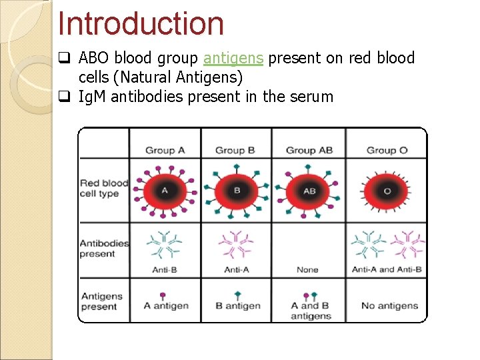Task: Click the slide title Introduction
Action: [141, 23]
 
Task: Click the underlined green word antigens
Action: [233, 59]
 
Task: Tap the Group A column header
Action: [165, 150]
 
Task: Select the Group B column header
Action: [235, 150]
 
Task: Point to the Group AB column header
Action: [309, 150]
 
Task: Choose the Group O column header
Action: [387, 150]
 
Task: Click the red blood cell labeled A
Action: [165, 190]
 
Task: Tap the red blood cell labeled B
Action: [237, 190]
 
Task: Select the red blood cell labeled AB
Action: [309, 190]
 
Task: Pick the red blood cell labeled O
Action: [387, 190]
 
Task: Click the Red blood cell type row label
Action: [104, 188]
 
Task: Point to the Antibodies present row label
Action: [104, 248]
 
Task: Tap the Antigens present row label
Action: [101, 301]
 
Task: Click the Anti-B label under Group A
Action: [164, 270]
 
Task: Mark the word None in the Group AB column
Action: [307, 270]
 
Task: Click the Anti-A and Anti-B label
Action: [387, 270]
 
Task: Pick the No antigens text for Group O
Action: [389, 306]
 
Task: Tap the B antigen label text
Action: [238, 306]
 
